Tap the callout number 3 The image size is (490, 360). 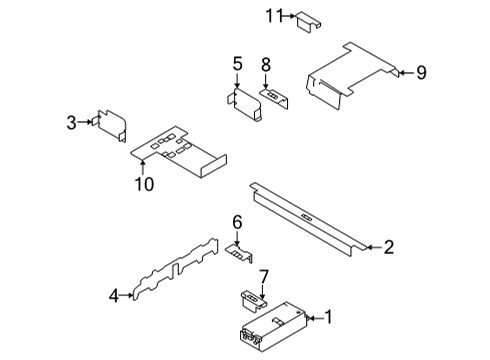click(x=71, y=122)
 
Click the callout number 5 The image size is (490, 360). click(x=237, y=65)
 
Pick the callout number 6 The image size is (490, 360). click(x=237, y=222)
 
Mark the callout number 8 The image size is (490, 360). click(x=267, y=65)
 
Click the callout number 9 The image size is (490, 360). click(x=421, y=71)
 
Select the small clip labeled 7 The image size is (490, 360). click(x=253, y=296)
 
